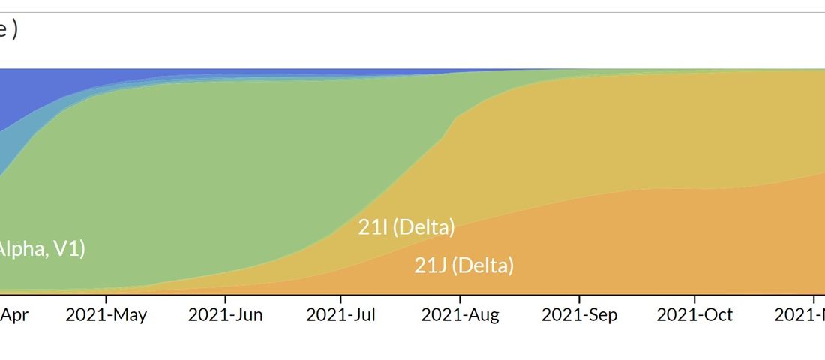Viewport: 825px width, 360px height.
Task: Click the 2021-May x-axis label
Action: tap(106, 315)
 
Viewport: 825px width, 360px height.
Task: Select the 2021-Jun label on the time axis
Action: tap(225, 315)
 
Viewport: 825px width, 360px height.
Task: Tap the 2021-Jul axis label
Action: tap(341, 315)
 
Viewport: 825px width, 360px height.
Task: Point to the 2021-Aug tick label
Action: tap(460, 315)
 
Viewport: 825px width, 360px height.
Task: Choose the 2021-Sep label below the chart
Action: tap(579, 315)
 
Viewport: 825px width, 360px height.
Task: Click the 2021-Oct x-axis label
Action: tap(694, 315)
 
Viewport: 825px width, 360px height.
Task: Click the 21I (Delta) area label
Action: tap(406, 227)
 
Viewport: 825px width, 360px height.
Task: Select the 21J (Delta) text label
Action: tap(464, 265)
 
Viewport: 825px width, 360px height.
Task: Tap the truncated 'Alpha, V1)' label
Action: tap(41, 249)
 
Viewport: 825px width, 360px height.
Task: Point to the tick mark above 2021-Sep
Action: tap(579, 297)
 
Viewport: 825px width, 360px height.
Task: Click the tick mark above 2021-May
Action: tap(106, 297)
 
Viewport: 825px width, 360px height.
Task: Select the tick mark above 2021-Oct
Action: tap(694, 297)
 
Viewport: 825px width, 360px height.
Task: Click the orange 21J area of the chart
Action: tap(637, 247)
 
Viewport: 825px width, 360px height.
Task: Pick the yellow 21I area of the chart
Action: tap(600, 135)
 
